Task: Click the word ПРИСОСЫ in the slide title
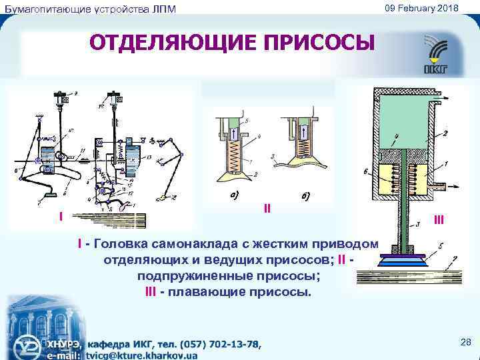coord(320,44)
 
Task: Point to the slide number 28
coord(465,342)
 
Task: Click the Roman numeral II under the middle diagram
coord(267,208)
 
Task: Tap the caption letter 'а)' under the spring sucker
coord(237,195)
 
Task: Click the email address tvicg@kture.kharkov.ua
coord(141,356)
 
